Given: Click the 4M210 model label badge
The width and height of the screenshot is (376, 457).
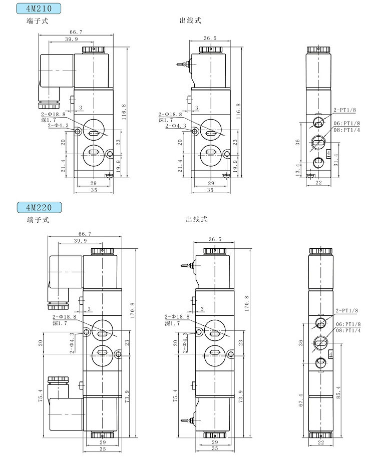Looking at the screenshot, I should click(39, 9).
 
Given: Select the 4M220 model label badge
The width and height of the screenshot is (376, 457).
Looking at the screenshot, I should click(39, 207).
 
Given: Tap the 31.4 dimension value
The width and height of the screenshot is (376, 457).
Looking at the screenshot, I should click(335, 160).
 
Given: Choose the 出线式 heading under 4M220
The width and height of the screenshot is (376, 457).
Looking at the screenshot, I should click(196, 219).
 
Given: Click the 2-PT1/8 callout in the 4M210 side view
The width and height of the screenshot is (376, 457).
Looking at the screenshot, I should click(344, 110).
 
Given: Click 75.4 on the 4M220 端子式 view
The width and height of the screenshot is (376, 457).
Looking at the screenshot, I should click(40, 392).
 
